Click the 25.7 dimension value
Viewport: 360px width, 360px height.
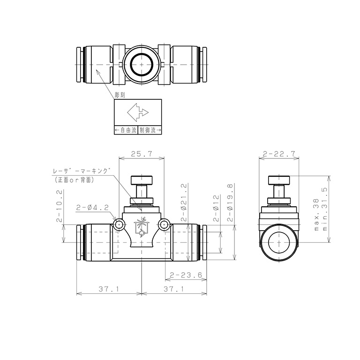click(x=142, y=154)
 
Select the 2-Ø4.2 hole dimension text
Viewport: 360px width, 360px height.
click(x=92, y=208)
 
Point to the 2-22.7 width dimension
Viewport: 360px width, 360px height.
click(x=279, y=154)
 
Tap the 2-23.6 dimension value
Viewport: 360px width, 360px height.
click(x=186, y=275)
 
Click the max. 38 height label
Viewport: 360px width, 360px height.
click(x=316, y=214)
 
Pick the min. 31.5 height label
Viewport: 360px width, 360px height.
click(x=325, y=209)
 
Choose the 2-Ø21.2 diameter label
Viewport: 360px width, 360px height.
click(x=184, y=202)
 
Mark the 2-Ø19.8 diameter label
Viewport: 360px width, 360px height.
click(x=230, y=202)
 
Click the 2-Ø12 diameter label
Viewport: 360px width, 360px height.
click(x=216, y=208)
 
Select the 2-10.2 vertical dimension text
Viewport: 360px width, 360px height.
click(x=59, y=206)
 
